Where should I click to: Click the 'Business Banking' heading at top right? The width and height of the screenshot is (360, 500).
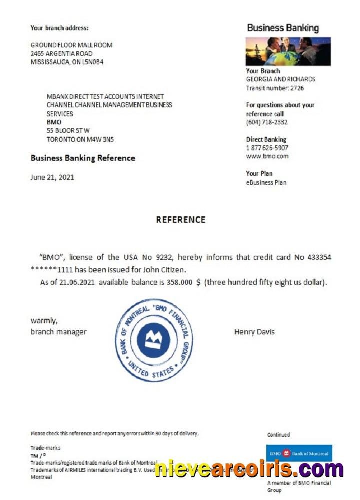point(282,28)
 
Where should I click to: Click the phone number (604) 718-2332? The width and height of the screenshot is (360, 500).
point(267,122)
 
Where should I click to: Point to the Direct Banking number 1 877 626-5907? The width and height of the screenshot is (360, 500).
point(267,148)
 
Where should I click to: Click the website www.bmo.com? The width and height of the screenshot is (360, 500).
point(267,156)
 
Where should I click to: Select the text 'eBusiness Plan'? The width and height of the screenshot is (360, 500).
point(266,182)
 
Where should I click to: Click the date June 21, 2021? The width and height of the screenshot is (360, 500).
point(52,177)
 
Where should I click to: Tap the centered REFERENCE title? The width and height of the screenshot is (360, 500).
point(180,220)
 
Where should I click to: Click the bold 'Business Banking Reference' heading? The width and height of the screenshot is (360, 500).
point(83,158)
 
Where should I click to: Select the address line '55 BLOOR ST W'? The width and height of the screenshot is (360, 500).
point(68,131)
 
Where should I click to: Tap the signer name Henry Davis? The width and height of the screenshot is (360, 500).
point(254,332)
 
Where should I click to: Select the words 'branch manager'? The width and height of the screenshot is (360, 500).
point(58,332)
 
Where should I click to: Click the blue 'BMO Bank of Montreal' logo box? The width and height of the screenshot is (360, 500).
point(299,453)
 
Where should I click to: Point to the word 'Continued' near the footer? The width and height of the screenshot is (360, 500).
point(278,435)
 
